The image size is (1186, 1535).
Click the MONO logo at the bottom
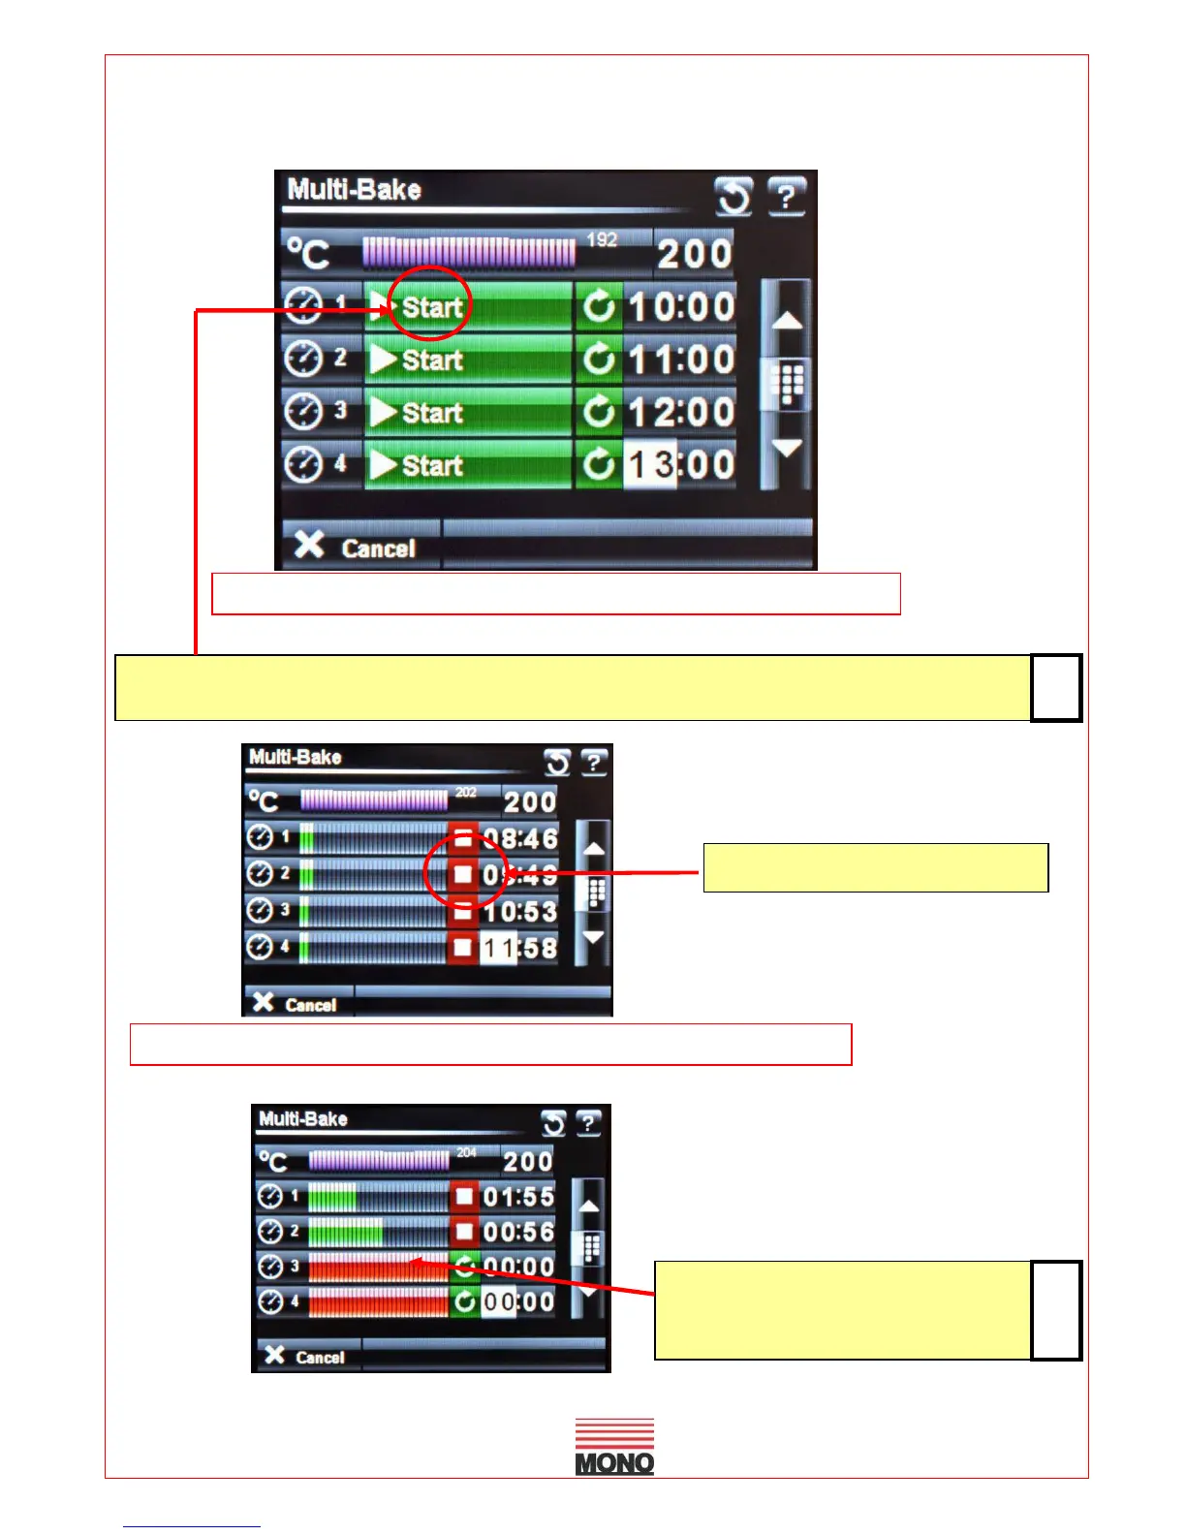(x=614, y=1447)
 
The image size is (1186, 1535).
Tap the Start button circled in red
(x=431, y=307)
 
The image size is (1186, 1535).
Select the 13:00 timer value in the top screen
(x=680, y=465)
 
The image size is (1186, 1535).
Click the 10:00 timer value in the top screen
(x=680, y=307)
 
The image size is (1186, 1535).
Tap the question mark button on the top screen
(x=786, y=197)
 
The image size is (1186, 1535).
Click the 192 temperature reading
(x=602, y=239)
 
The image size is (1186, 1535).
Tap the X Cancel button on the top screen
(x=356, y=547)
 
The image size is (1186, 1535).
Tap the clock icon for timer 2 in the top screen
(x=303, y=360)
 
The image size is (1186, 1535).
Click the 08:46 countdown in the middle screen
(x=520, y=838)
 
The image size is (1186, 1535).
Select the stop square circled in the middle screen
(x=463, y=874)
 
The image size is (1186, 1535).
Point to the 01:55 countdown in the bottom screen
(x=518, y=1197)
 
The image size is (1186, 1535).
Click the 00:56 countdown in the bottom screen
(x=518, y=1232)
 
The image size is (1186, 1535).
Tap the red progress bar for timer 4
(x=378, y=1301)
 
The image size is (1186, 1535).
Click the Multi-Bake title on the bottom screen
(x=303, y=1119)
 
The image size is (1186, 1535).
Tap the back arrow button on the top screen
(x=733, y=197)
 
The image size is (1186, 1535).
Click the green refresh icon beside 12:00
(x=599, y=413)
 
